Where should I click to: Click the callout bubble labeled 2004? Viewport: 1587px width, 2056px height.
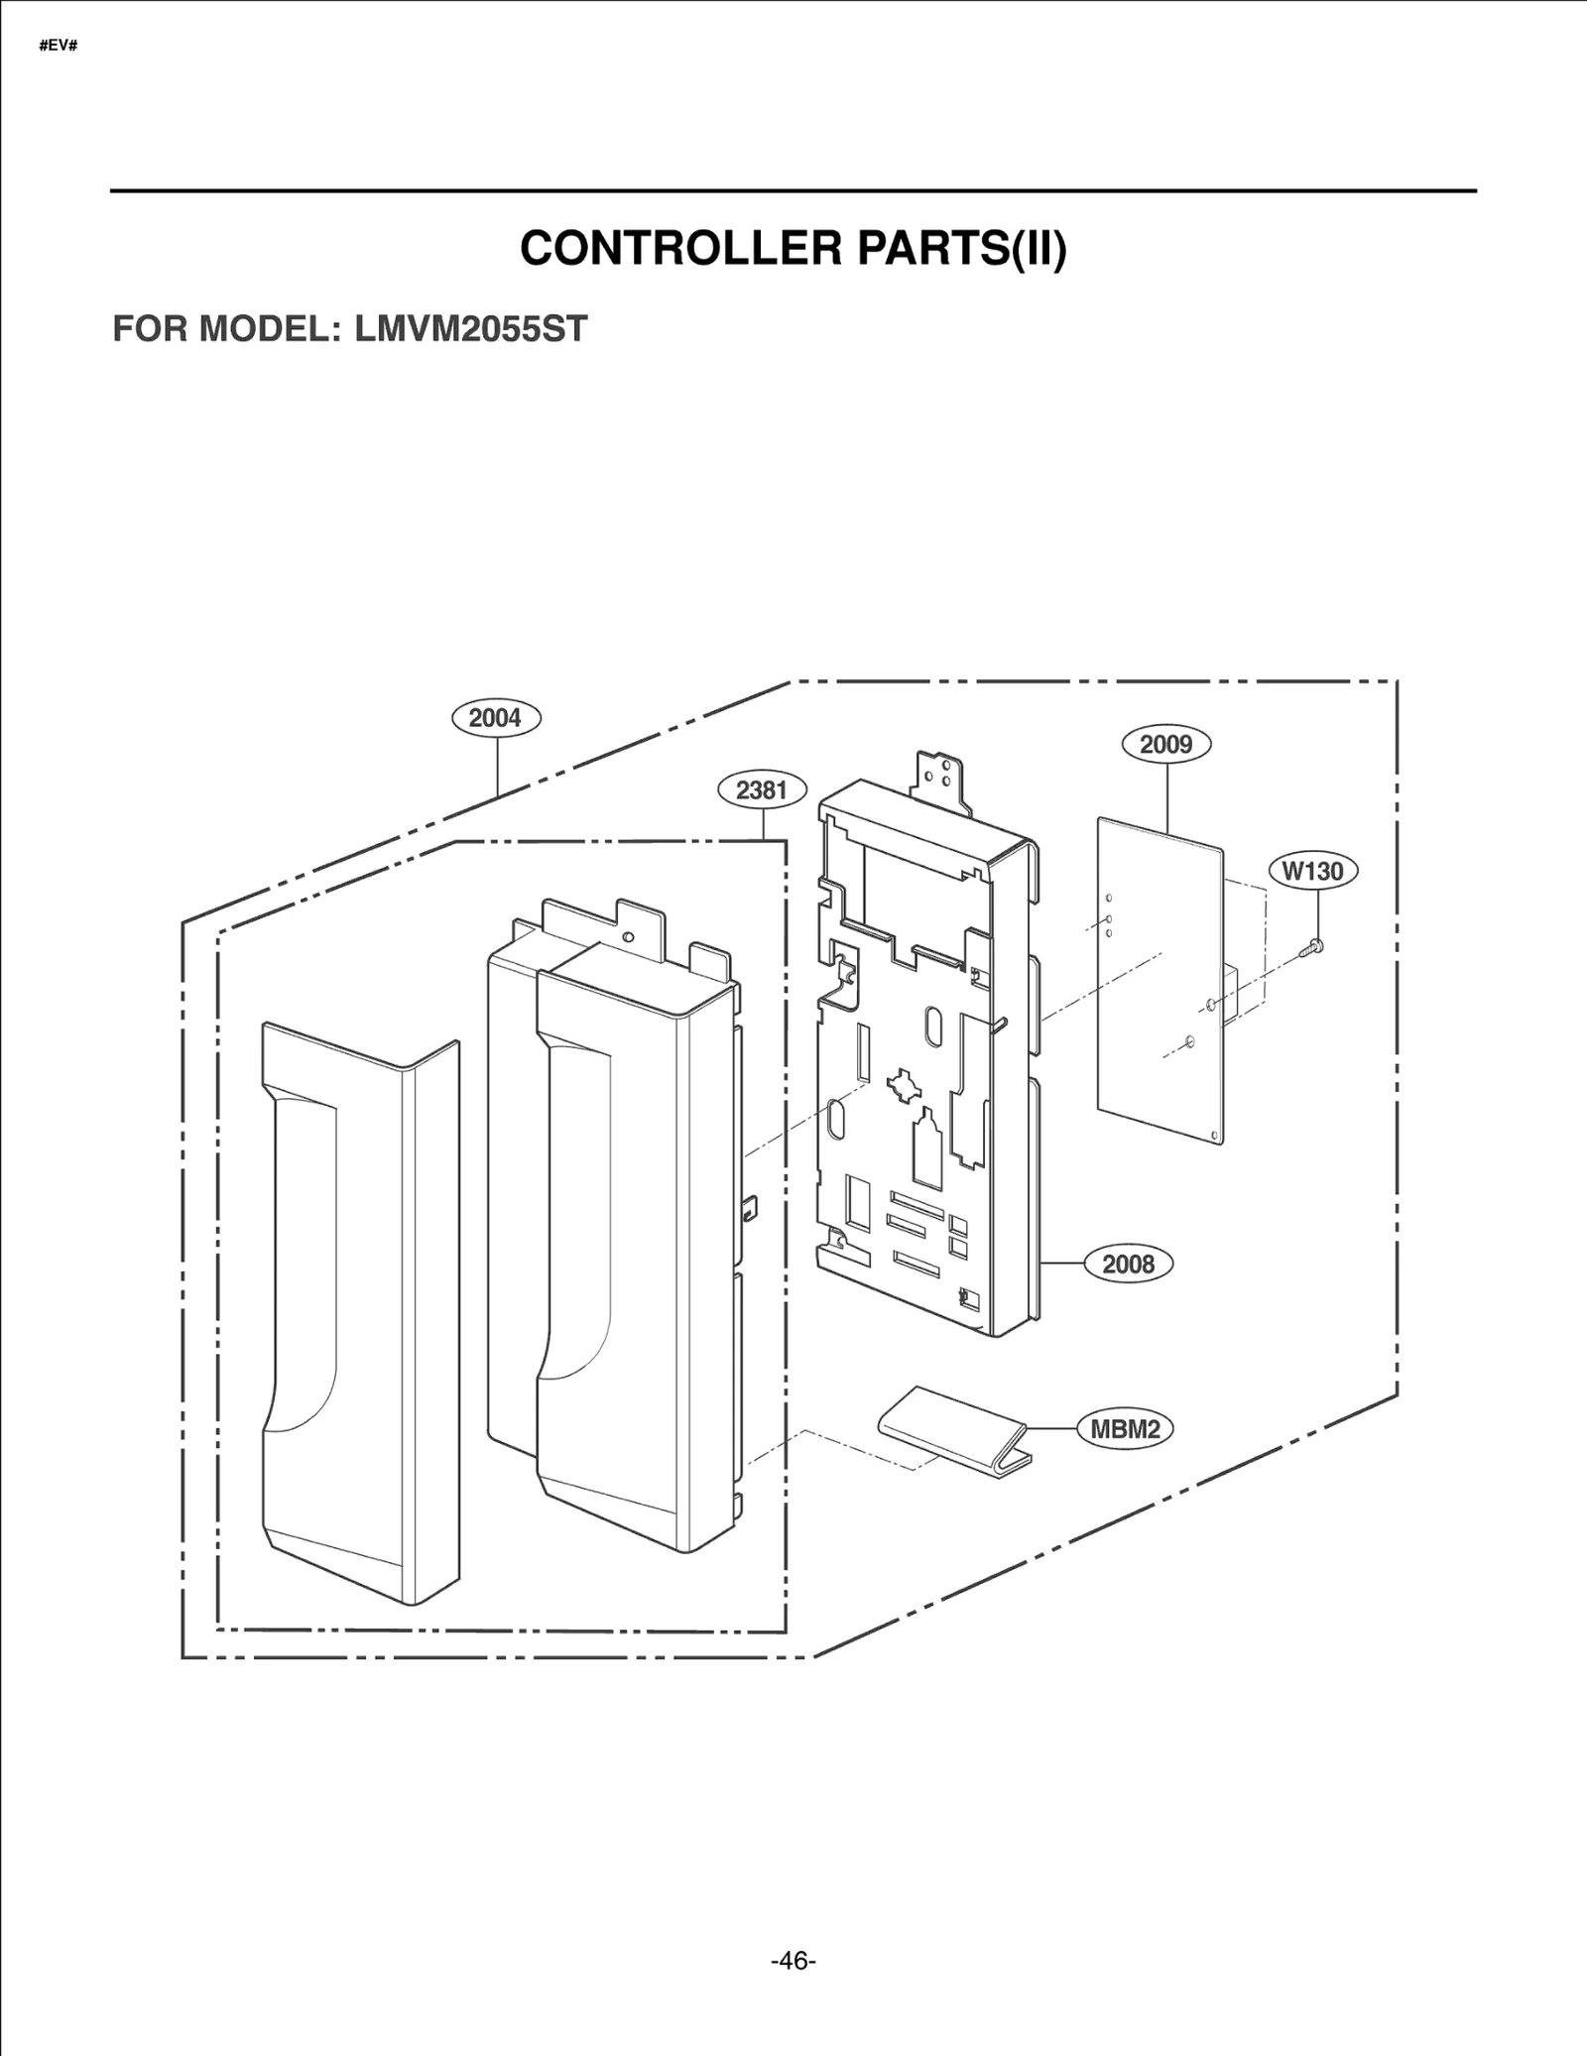tap(496, 717)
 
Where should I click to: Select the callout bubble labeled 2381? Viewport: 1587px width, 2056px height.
tap(762, 789)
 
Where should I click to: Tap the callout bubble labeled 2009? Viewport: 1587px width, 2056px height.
tap(1165, 744)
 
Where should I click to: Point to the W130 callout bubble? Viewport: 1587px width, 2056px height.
tap(1312, 871)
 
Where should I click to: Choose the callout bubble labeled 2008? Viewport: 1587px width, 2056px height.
tap(1128, 1264)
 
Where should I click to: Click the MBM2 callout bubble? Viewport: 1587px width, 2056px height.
tap(1125, 1429)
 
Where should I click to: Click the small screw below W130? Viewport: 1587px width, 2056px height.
tap(1313, 947)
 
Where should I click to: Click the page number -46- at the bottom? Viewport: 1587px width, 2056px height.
tap(793, 1961)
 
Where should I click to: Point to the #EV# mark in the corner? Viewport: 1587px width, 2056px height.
tap(58, 47)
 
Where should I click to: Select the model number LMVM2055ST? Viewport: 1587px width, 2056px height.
tap(471, 328)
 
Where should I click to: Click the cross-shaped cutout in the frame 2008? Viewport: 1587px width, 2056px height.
tap(903, 1084)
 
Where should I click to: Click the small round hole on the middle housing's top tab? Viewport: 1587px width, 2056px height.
tap(628, 935)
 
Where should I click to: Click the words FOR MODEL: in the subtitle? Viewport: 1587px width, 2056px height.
tap(226, 328)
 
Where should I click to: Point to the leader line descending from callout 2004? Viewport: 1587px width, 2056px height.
tap(497, 764)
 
